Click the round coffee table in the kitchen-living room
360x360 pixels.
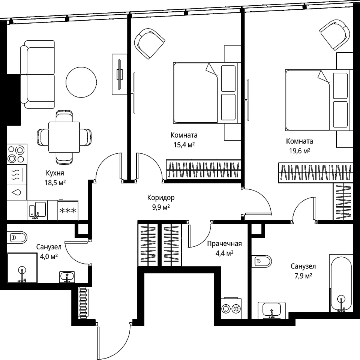81,82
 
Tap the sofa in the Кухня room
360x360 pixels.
37,74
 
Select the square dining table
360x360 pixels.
64,137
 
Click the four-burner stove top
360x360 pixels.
17,154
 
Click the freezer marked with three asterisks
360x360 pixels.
68,210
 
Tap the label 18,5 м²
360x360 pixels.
55,183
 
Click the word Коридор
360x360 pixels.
161,198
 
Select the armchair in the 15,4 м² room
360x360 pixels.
150,43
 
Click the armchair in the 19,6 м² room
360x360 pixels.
335,34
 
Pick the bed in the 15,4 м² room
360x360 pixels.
207,93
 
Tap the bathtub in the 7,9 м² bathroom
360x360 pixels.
341,283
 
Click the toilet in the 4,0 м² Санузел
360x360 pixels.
17,237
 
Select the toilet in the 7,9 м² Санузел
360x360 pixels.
261,261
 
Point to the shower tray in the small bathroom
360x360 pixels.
22,268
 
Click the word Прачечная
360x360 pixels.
224,244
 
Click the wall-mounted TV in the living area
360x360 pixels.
120,74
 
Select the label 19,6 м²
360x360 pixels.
300,151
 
